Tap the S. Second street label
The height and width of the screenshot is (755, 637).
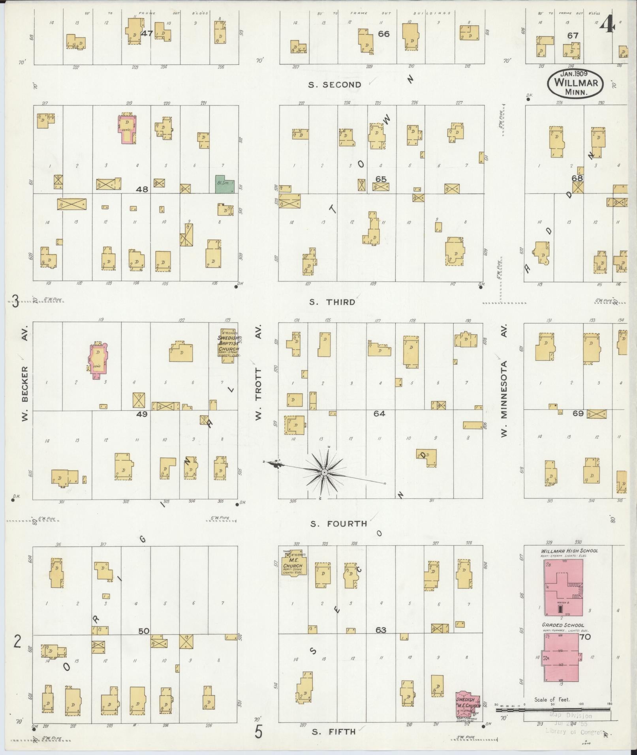[335, 84]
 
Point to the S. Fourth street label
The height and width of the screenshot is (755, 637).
[338, 524]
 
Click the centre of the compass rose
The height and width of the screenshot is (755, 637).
[324, 472]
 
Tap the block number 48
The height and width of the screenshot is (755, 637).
[142, 189]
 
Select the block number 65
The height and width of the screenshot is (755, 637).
[381, 179]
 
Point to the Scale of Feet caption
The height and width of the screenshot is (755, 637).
[552, 699]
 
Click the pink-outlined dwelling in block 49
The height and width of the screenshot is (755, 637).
[98, 360]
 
